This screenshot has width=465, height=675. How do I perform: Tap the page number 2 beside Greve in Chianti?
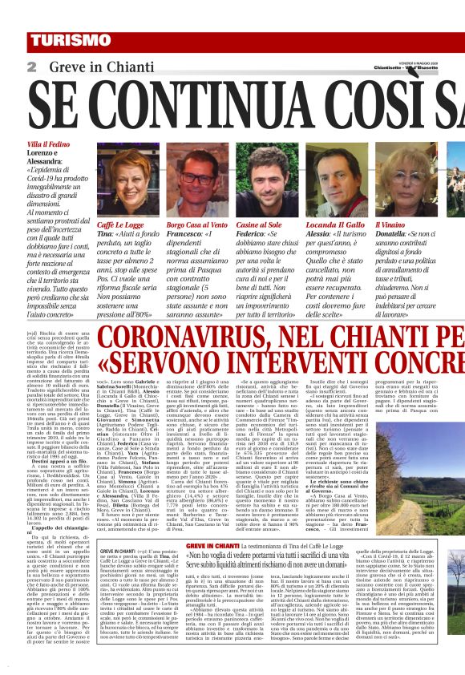point(31,67)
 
